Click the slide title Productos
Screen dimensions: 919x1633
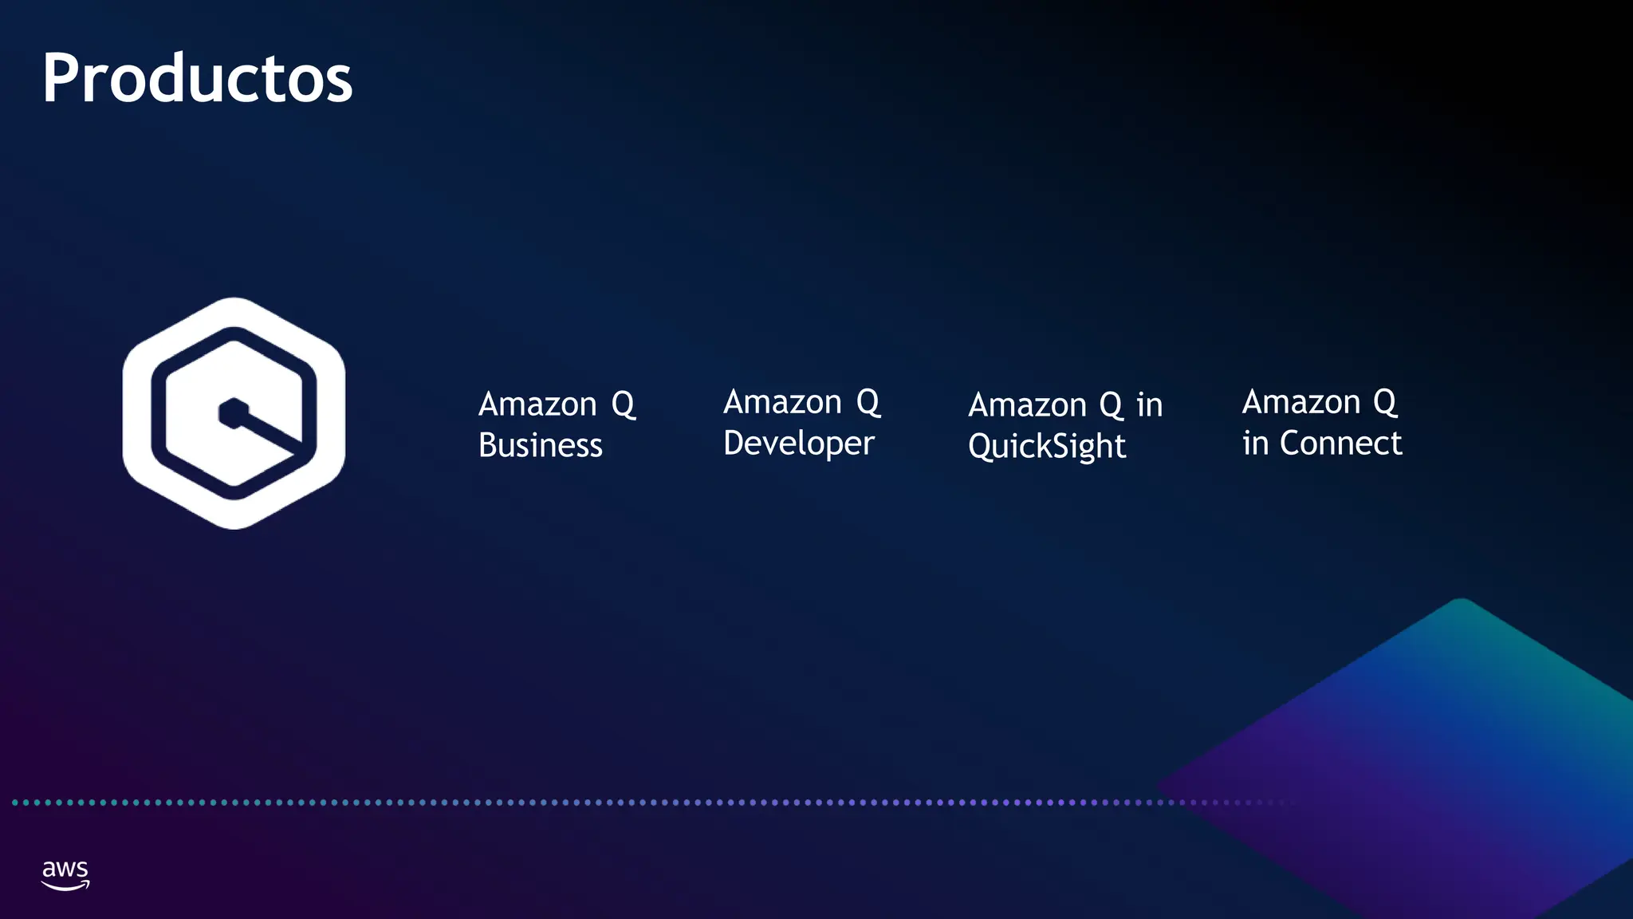[x=197, y=78]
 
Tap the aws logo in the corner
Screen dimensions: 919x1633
[x=65, y=874]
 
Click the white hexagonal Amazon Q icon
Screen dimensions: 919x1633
[x=234, y=413]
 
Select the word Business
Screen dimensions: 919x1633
[x=540, y=445]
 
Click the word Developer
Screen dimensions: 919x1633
[x=798, y=444]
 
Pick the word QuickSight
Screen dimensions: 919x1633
[x=1046, y=446]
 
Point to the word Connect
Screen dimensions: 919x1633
[x=1340, y=444]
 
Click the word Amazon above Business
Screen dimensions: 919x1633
[x=537, y=404]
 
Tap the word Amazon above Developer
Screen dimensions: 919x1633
[x=782, y=402]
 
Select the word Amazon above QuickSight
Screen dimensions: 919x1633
[x=1027, y=405]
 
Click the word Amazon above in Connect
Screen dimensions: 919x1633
[x=1301, y=402]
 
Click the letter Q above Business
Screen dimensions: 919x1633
[x=624, y=405]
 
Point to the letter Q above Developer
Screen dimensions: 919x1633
[x=868, y=403]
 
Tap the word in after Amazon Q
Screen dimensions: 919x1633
[x=1149, y=405]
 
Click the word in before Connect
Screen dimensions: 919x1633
[x=1255, y=444]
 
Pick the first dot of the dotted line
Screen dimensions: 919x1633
[x=15, y=803]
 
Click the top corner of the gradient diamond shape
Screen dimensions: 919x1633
[x=1462, y=601]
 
